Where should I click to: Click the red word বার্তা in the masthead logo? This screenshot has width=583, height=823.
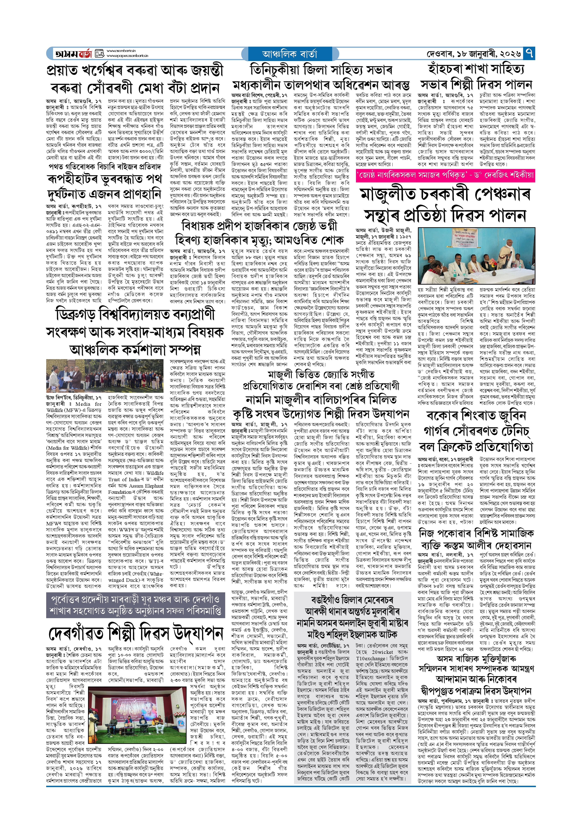84,54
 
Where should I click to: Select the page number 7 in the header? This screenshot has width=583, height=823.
529,53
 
